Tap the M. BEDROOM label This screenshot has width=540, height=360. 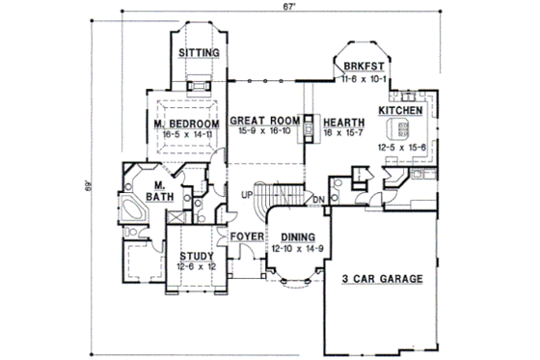click(183, 125)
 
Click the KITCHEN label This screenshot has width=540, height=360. click(400, 112)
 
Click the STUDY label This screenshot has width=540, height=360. click(197, 256)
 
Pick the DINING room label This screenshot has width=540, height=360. click(298, 237)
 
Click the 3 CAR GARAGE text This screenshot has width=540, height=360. click(383, 279)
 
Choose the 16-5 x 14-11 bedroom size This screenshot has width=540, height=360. click(183, 137)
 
